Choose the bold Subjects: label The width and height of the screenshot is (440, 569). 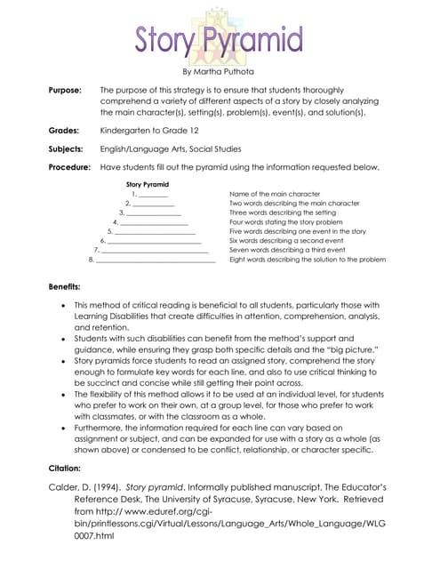[67, 148]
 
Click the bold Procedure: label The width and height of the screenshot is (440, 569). [69, 167]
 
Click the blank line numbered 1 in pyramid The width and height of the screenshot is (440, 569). [153, 194]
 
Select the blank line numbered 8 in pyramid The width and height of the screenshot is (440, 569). [156, 260]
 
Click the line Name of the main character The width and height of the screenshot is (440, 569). [275, 194]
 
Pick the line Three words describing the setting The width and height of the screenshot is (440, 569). [282, 212]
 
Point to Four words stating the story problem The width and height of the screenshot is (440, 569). [286, 222]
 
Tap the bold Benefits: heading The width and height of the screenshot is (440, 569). [64, 287]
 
